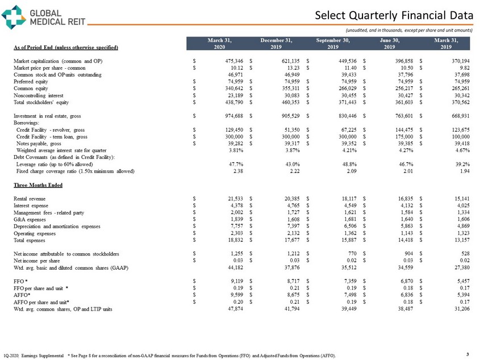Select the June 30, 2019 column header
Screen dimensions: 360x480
393,43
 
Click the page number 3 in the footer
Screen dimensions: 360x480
467,354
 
